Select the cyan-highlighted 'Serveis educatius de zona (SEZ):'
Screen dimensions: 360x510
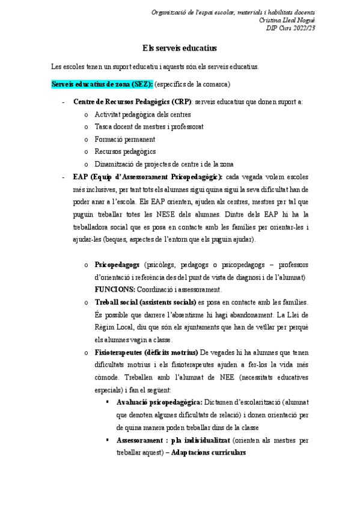coord(102,84)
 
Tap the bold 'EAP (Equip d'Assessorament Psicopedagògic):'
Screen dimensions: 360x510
coord(147,177)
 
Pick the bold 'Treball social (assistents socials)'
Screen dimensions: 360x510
coord(145,301)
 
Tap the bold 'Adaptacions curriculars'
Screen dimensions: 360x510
coord(209,452)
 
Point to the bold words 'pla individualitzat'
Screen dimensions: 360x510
coord(196,440)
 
